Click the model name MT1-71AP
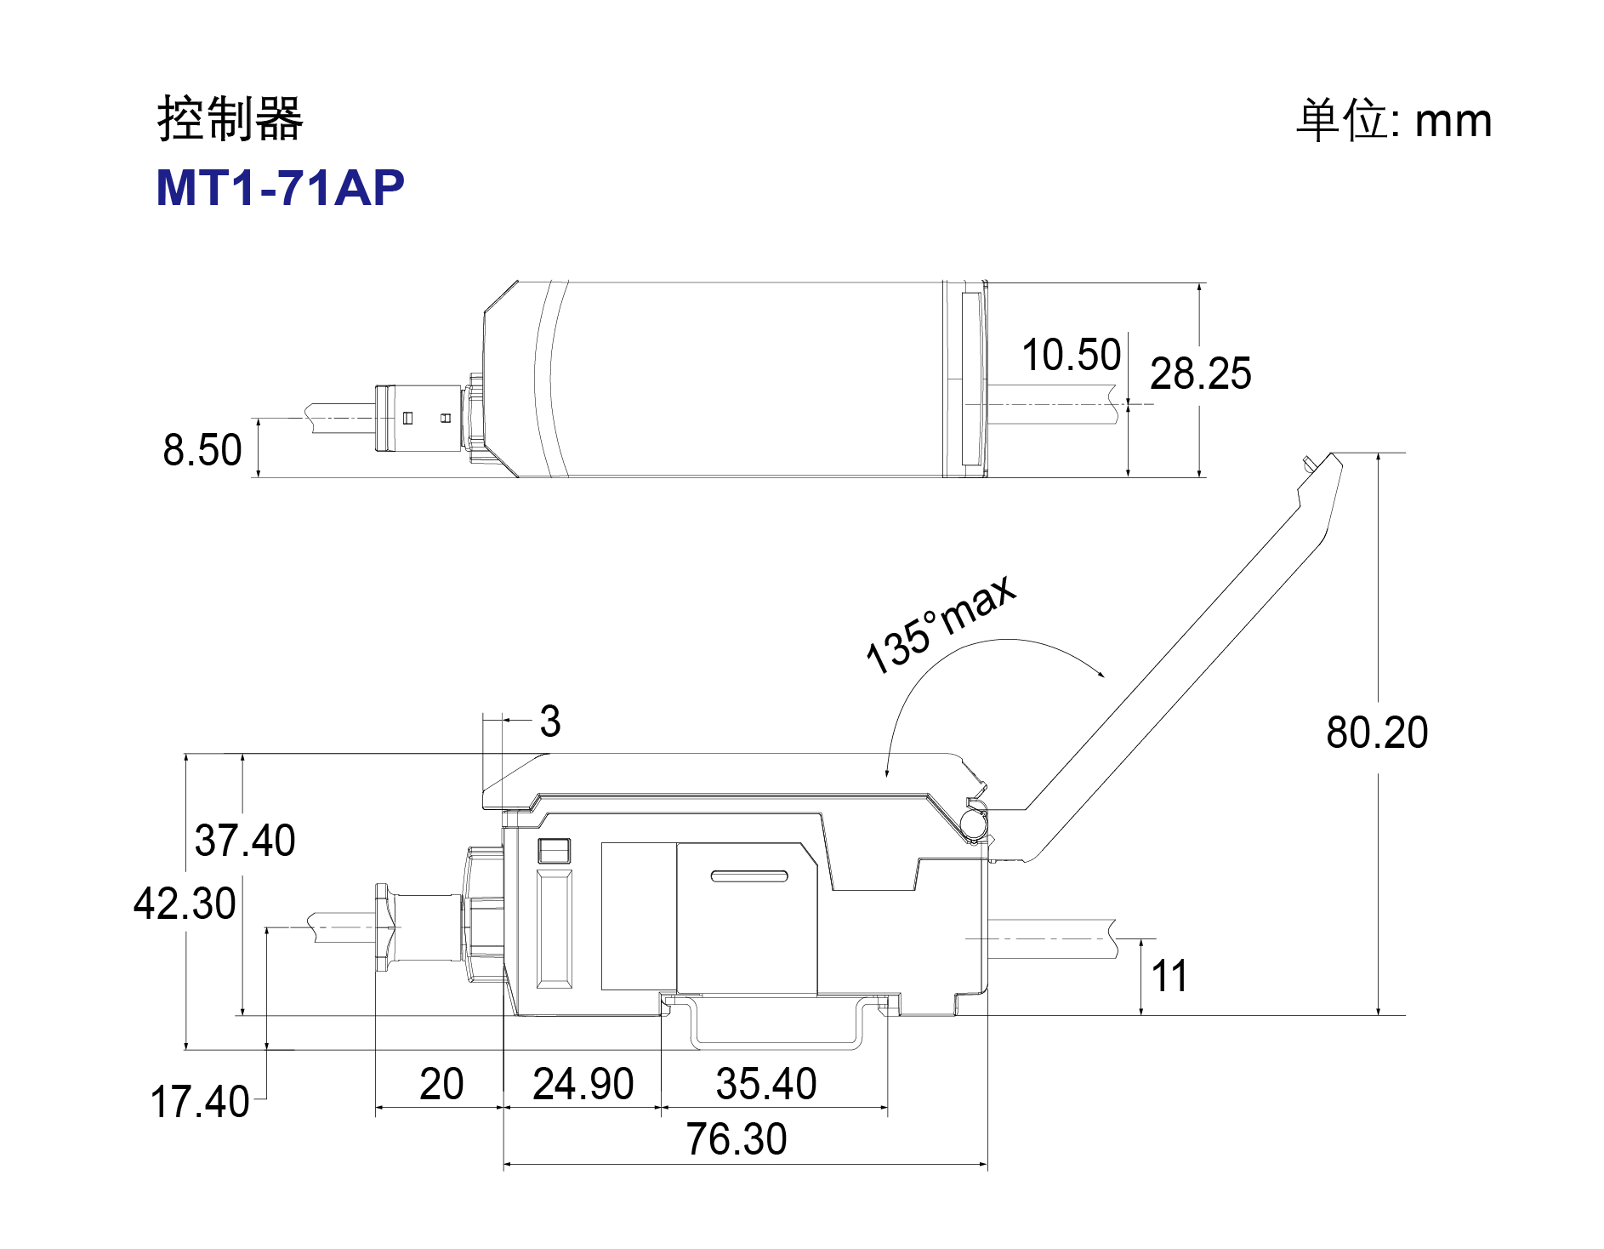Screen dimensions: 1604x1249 (280, 188)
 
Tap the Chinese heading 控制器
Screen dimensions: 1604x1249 (230, 118)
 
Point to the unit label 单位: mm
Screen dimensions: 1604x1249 (1394, 120)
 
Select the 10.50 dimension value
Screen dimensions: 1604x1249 (1071, 355)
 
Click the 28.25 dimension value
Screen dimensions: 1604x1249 (1201, 374)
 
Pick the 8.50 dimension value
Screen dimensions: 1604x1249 (202, 449)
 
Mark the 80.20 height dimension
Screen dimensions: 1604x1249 (1377, 733)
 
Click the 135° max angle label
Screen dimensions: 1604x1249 (941, 624)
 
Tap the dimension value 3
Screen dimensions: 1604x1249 (550, 721)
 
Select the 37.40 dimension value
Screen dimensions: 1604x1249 (245, 841)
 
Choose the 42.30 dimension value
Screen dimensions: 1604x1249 (185, 903)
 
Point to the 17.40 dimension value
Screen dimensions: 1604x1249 (200, 1102)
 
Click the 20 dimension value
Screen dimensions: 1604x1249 (441, 1084)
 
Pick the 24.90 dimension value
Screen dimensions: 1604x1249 (583, 1084)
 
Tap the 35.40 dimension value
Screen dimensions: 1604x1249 (766, 1084)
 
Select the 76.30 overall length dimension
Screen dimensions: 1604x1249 (737, 1139)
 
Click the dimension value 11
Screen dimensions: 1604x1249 (1169, 976)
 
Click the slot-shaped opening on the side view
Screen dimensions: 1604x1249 (749, 875)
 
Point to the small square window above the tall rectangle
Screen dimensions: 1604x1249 (554, 852)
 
